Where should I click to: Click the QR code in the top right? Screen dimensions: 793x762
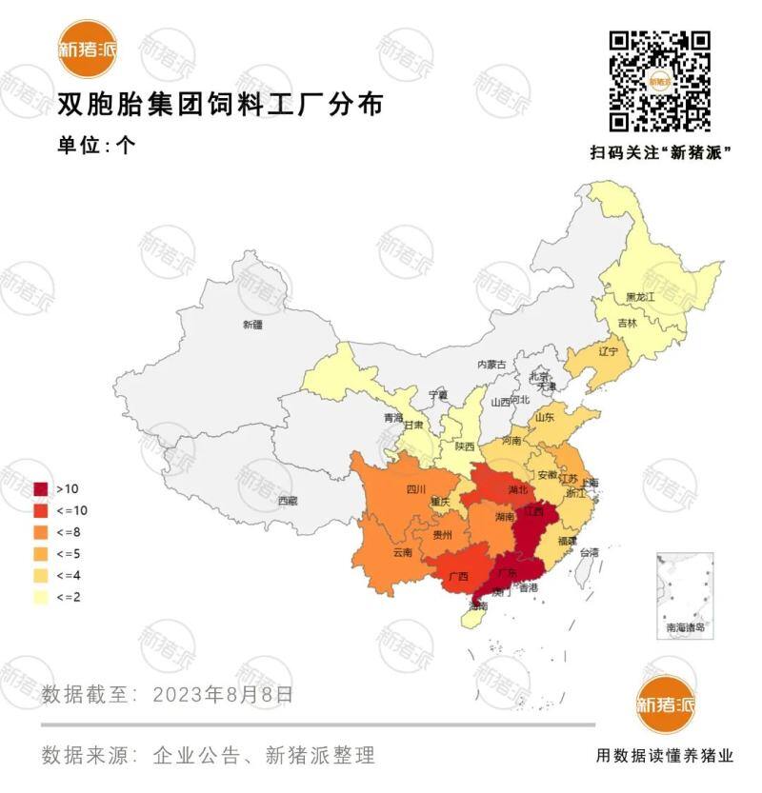pyautogui.click(x=660, y=82)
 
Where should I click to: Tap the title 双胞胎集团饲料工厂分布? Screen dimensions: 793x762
pyautogui.click(x=220, y=104)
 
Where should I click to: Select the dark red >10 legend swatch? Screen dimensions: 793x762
pyautogui.click(x=41, y=488)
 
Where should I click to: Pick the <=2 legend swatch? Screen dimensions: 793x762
pyautogui.click(x=41, y=597)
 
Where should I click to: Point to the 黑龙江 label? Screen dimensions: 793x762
pyautogui.click(x=640, y=298)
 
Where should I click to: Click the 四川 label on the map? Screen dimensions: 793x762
pyautogui.click(x=416, y=490)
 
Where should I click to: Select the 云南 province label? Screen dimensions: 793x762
pyautogui.click(x=402, y=552)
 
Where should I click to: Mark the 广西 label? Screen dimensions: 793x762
pyautogui.click(x=457, y=577)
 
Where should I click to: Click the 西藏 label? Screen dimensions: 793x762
pyautogui.click(x=288, y=501)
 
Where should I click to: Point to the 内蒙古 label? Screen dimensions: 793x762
pyautogui.click(x=492, y=365)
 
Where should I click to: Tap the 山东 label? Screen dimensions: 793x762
pyautogui.click(x=544, y=417)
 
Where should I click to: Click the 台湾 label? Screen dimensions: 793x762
pyautogui.click(x=591, y=552)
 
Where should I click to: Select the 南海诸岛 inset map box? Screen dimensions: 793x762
pyautogui.click(x=685, y=595)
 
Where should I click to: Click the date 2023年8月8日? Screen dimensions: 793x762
pyautogui.click(x=223, y=694)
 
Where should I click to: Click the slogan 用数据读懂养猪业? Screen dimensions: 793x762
pyautogui.click(x=665, y=756)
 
